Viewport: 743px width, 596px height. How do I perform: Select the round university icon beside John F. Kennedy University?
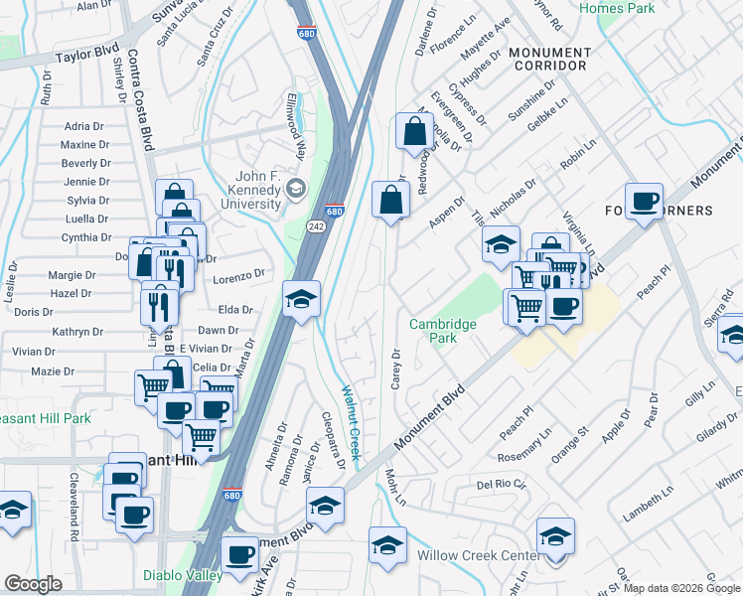[295, 189]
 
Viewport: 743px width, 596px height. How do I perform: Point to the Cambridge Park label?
[442, 331]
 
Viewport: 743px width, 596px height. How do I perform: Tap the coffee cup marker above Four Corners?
[644, 202]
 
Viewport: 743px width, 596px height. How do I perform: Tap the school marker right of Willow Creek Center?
[555, 536]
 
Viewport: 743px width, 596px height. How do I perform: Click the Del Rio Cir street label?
[499, 486]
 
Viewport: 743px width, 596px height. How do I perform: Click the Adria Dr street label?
[84, 126]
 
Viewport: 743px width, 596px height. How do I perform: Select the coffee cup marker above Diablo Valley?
[238, 555]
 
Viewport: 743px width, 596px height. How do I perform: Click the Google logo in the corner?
[33, 584]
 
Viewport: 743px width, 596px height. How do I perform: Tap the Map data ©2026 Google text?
[681, 588]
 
